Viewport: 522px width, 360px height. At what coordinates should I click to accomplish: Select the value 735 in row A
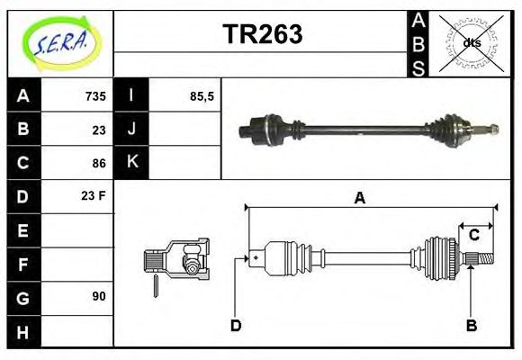pyautogui.click(x=95, y=96)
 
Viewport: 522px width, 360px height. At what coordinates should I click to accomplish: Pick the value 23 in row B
pyautogui.click(x=99, y=130)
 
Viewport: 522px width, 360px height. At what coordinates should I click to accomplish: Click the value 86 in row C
pyautogui.click(x=99, y=163)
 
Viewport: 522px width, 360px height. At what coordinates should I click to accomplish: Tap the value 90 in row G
pyautogui.click(x=99, y=296)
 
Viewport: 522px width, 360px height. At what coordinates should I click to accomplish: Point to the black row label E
pyautogui.click(x=23, y=230)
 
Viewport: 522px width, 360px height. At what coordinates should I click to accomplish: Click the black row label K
pyautogui.click(x=131, y=163)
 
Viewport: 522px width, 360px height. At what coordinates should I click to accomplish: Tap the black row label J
pyautogui.click(x=131, y=130)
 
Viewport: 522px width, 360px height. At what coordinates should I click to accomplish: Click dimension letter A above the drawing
pyautogui.click(x=359, y=199)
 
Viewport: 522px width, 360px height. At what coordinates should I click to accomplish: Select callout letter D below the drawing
pyautogui.click(x=236, y=325)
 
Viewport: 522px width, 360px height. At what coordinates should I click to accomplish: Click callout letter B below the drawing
pyautogui.click(x=471, y=325)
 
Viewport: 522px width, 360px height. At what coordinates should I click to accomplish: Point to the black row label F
pyautogui.click(x=23, y=264)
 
